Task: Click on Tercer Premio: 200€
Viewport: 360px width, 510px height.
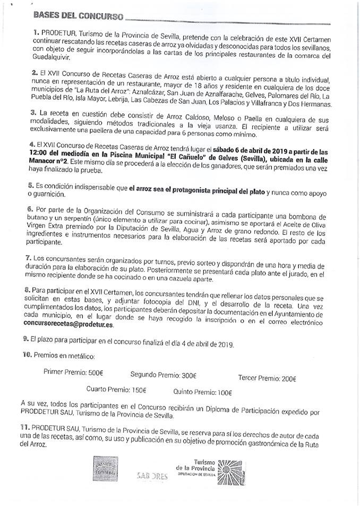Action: (267, 379)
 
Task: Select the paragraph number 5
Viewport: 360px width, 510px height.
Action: (31, 187)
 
